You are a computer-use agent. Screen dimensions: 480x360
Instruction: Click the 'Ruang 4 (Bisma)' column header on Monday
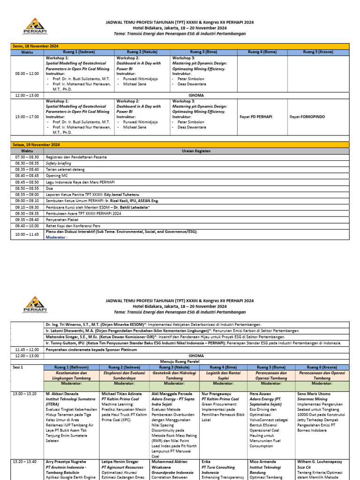tap(262, 52)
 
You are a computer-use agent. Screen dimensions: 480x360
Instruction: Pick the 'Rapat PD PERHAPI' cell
tap(255, 116)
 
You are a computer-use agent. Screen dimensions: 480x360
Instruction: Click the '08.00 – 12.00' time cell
tap(27, 74)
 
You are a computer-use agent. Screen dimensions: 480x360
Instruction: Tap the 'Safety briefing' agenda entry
tap(58, 163)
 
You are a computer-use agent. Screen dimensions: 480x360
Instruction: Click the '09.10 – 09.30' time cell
tap(27, 207)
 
